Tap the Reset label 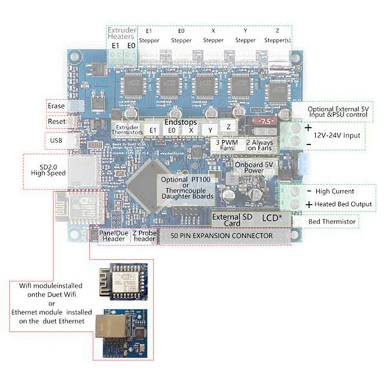[56, 121]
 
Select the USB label [56, 141]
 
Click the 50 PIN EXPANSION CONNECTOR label [222, 236]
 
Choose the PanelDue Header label [114, 236]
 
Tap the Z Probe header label [144, 236]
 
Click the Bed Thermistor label [332, 222]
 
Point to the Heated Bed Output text [343, 204]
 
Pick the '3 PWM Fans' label [226, 145]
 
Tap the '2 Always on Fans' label [259, 145]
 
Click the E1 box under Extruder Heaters [115, 46]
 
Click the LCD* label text [272, 218]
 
